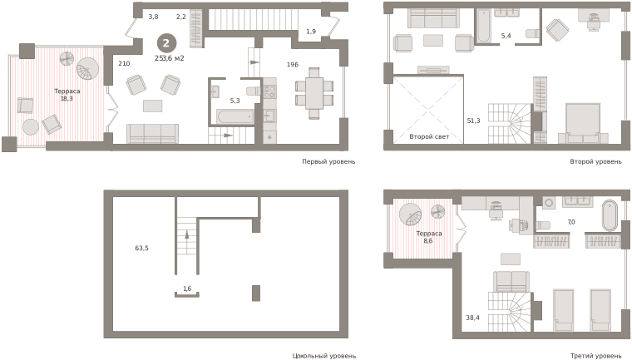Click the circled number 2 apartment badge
point(165,42)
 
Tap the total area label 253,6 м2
point(170,58)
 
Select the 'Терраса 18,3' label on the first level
point(67,95)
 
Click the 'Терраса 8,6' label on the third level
point(429,237)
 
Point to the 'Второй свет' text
point(429,136)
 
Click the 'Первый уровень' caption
point(329,161)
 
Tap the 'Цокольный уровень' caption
point(324,356)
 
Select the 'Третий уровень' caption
point(595,356)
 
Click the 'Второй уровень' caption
point(595,161)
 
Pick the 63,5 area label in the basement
point(142,248)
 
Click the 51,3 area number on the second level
point(474,121)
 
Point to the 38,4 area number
point(473,318)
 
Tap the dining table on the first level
point(314,93)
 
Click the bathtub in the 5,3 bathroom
point(235,117)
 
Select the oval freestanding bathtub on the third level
point(610,215)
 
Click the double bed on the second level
point(583,123)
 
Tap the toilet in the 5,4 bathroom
point(533,33)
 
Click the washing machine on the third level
point(549,203)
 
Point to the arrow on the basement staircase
point(187,234)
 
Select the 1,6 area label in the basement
point(187,288)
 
